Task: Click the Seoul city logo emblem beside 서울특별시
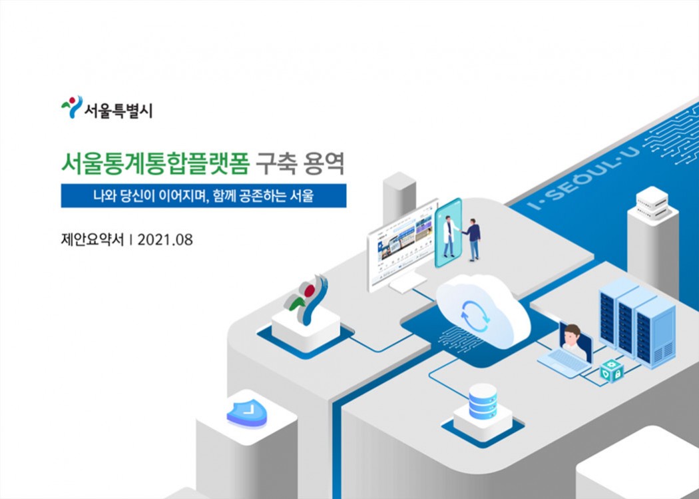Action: click(72, 107)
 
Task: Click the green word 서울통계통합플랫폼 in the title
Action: click(155, 164)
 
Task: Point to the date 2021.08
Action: click(165, 240)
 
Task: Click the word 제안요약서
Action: click(93, 240)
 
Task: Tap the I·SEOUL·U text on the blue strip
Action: click(584, 178)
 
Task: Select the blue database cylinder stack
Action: click(483, 402)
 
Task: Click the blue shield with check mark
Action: click(247, 413)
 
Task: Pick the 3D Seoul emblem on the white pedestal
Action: click(307, 298)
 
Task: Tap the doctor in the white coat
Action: click(449, 236)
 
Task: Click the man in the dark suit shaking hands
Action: click(473, 240)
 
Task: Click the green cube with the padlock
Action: click(612, 371)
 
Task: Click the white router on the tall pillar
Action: click(652, 203)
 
